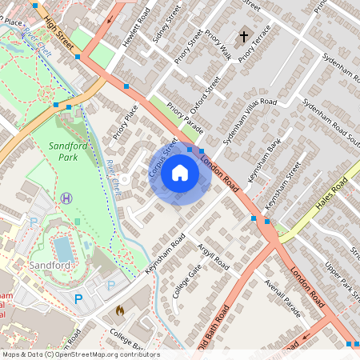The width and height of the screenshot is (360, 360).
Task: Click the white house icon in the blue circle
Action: click(180, 173)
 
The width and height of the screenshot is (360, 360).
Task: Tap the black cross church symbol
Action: click(244, 36)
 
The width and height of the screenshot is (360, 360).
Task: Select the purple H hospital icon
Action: click(66, 197)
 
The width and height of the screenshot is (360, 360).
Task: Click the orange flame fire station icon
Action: click(120, 310)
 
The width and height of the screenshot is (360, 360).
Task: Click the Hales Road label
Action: click(330, 196)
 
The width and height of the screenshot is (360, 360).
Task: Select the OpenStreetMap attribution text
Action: click(80, 354)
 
